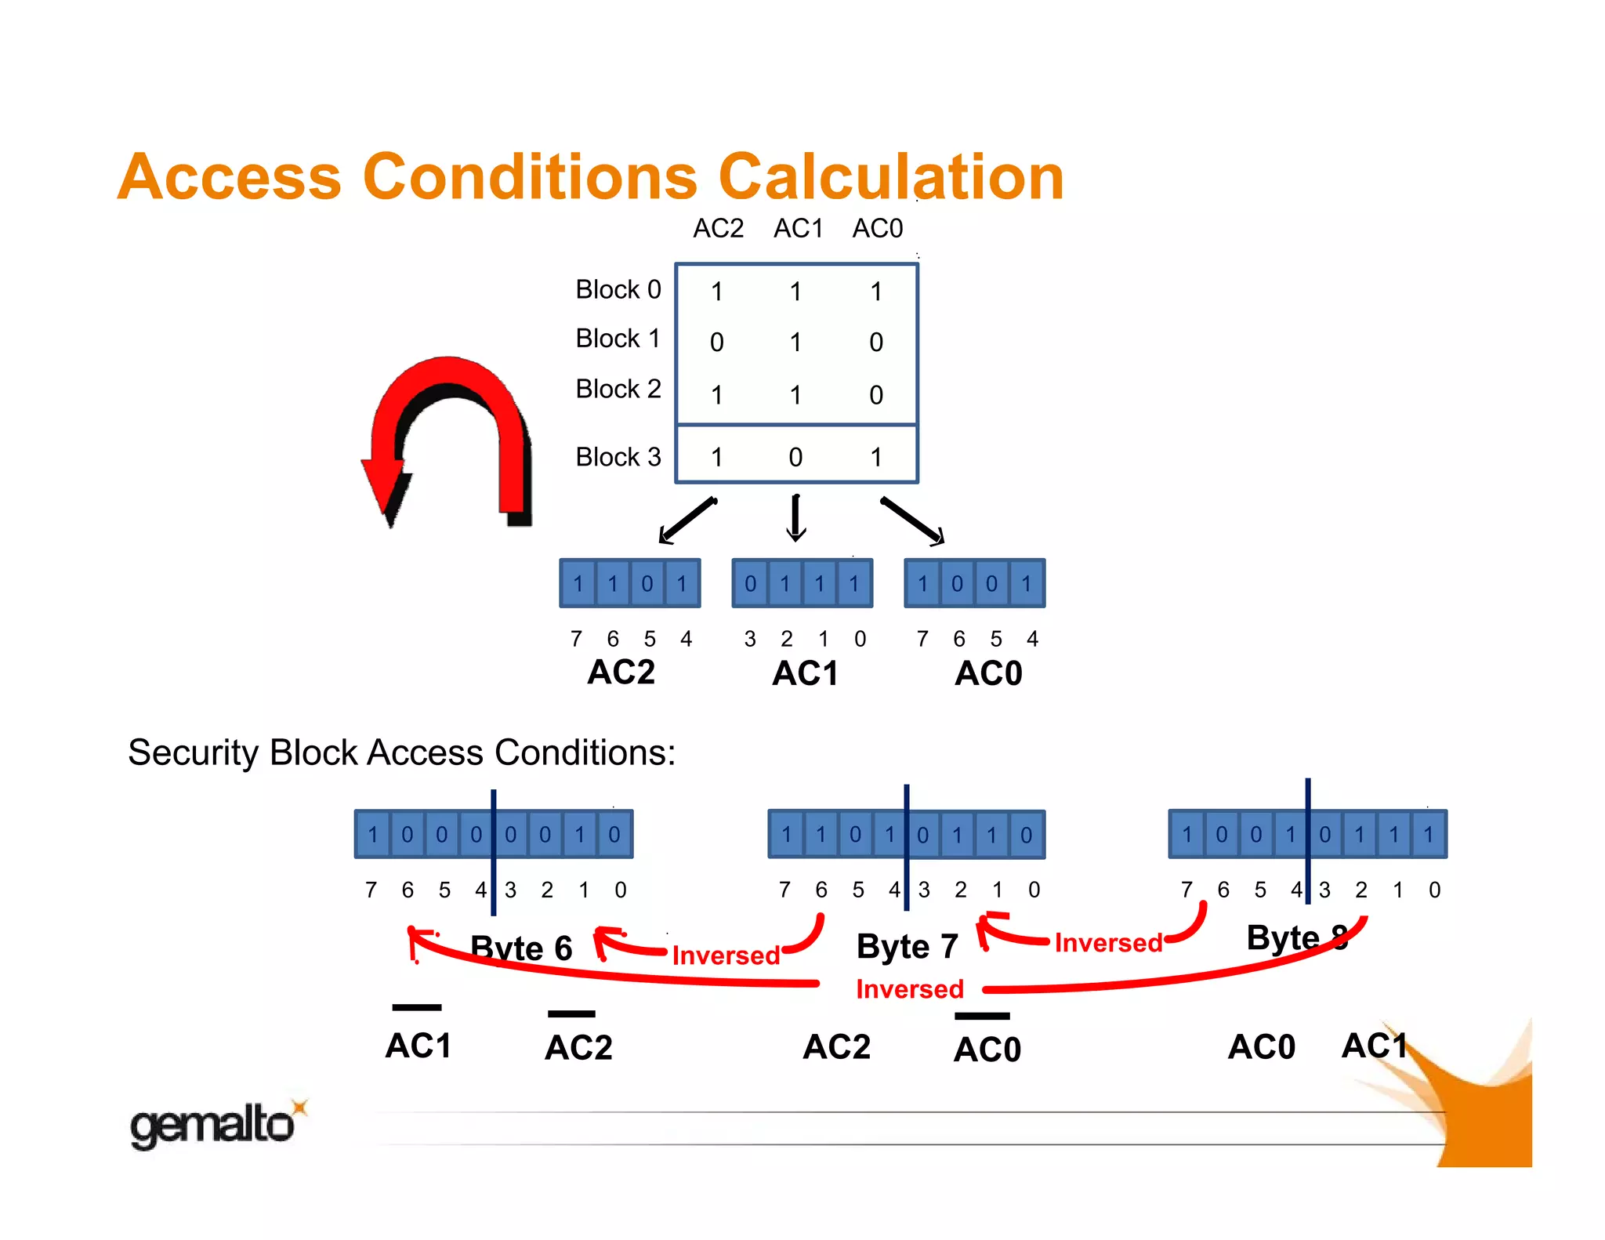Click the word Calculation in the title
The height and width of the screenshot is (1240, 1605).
coord(891,177)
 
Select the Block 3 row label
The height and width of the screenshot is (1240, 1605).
coord(618,457)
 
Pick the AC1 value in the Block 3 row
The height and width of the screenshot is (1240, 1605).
coord(795,458)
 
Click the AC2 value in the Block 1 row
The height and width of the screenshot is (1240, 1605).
coord(716,343)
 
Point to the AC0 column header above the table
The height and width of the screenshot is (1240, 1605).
coord(877,229)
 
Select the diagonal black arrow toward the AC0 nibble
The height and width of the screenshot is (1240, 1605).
coord(911,520)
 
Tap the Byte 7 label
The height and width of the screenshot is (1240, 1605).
coord(907,947)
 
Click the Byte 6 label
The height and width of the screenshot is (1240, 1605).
coord(521,948)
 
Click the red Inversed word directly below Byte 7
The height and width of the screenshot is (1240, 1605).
coord(909,989)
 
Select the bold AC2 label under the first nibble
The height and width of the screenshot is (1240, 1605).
coord(621,673)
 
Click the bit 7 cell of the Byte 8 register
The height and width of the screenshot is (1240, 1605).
coord(1187,835)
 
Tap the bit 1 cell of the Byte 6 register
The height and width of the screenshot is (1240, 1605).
coord(580,835)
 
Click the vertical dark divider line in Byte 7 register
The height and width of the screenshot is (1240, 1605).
coord(907,847)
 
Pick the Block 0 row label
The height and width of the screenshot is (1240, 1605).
coord(618,290)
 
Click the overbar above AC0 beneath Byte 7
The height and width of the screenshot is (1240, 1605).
coord(982,1017)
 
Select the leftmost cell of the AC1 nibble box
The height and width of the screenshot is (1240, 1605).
coord(750,584)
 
